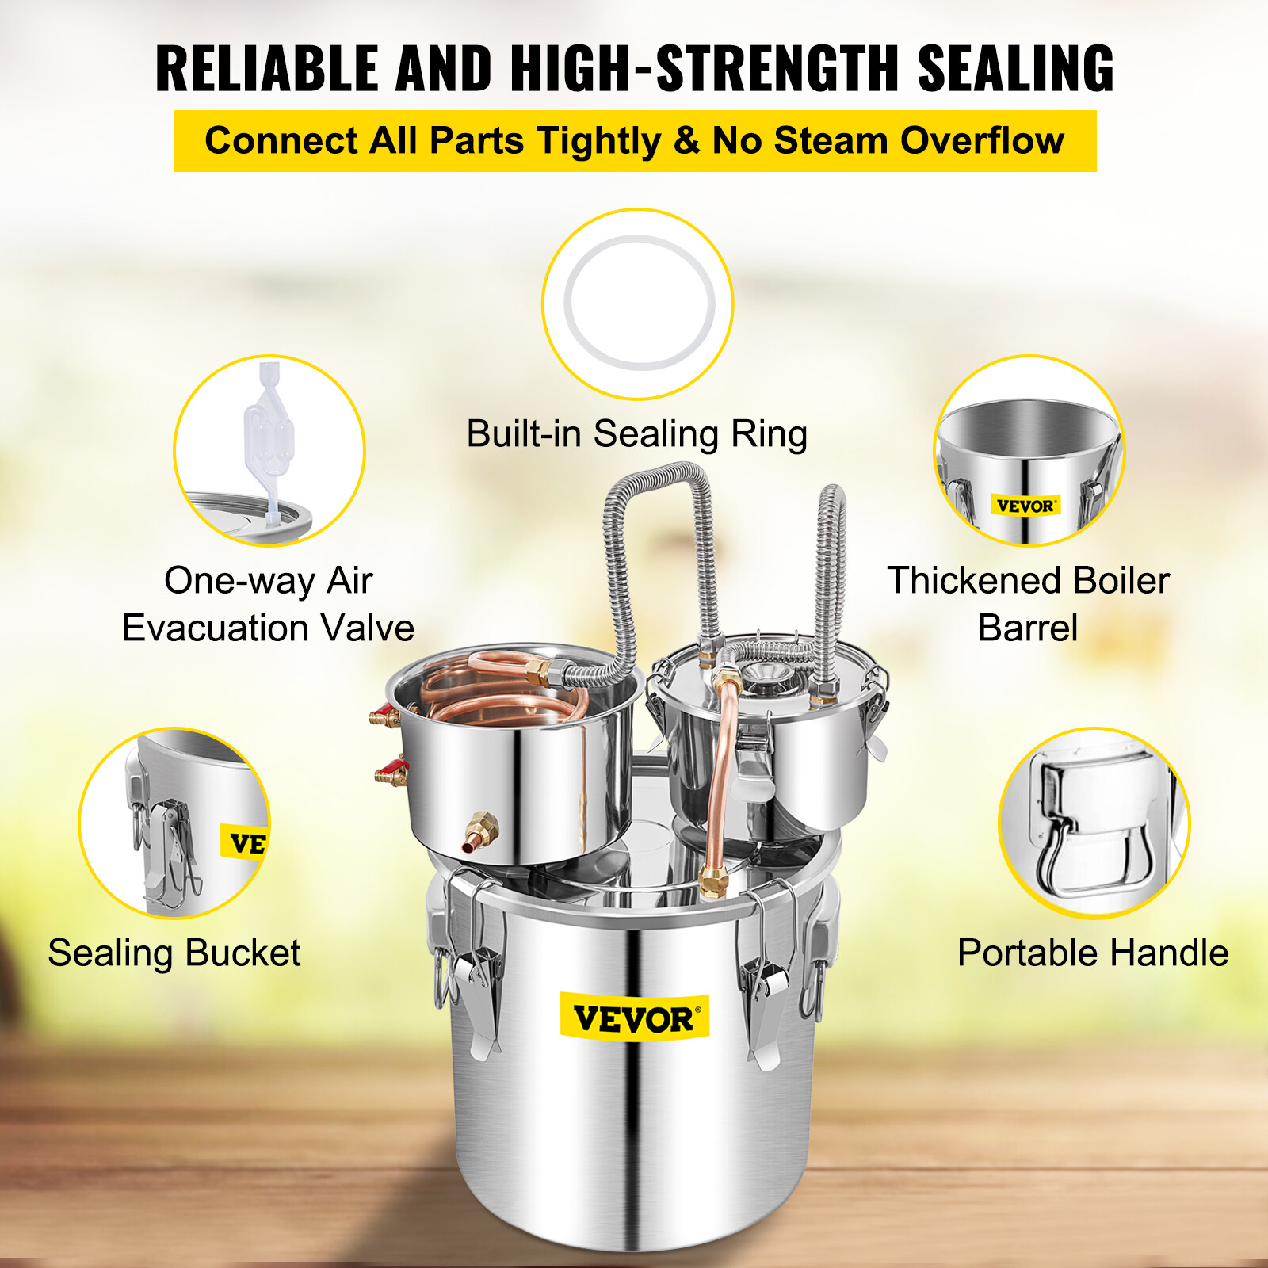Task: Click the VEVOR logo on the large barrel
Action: (x=634, y=1018)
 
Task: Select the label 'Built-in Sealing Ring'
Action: (x=636, y=434)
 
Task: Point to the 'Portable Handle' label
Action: (x=1092, y=953)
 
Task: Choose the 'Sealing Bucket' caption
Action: (x=174, y=953)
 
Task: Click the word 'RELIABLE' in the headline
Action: (x=266, y=69)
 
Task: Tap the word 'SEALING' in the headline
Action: (x=1015, y=69)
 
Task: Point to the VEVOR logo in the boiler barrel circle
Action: (x=1025, y=506)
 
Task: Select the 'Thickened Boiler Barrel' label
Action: (x=1028, y=604)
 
